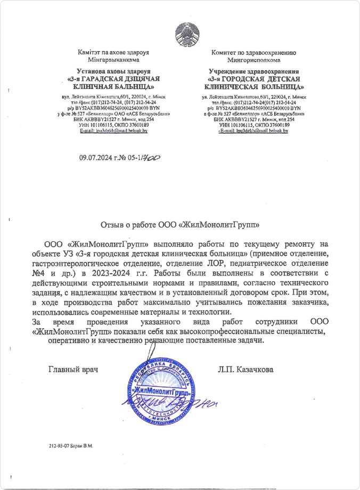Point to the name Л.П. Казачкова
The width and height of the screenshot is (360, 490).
[246, 369]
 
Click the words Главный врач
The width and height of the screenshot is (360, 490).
[75, 369]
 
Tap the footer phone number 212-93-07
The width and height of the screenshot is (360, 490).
[59, 445]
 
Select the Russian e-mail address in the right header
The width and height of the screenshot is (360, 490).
[255, 130]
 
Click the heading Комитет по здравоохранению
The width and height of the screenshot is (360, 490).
[250, 53]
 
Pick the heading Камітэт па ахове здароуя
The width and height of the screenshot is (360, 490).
[112, 53]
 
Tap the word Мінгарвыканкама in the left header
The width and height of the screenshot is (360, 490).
[112, 60]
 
